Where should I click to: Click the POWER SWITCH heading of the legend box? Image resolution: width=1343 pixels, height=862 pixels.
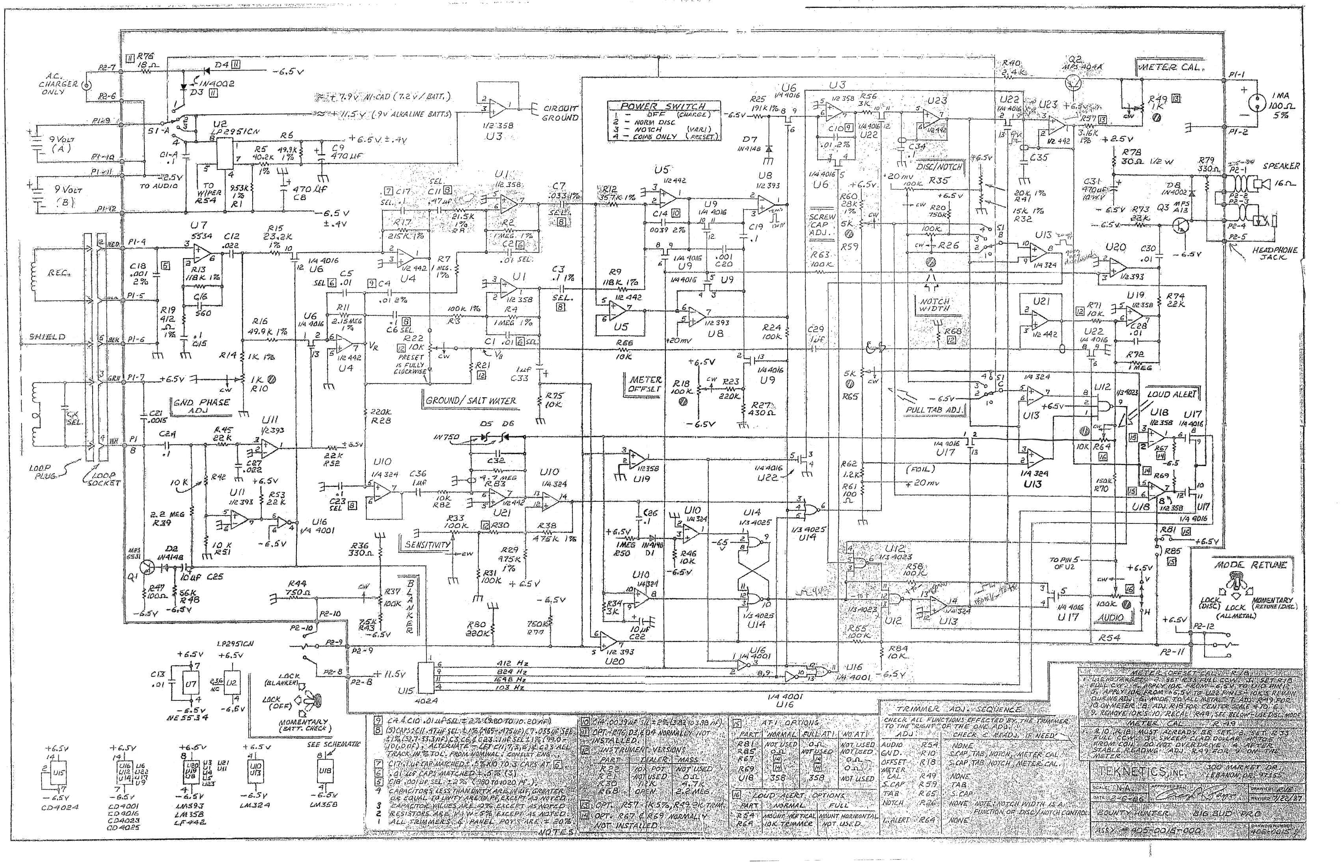pos(663,106)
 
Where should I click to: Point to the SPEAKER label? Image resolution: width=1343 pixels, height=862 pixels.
pos(1281,166)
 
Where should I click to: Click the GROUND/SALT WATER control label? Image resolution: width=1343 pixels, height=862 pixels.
pos(471,401)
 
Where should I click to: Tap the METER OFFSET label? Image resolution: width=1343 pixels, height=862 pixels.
pos(645,384)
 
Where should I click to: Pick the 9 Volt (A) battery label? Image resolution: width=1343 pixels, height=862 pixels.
pos(60,143)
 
